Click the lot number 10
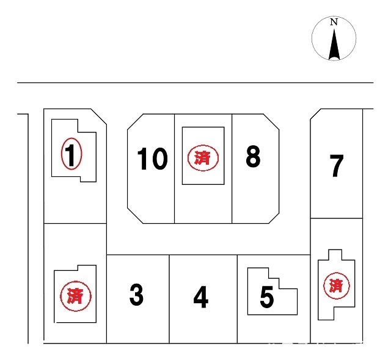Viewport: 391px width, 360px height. (x=152, y=159)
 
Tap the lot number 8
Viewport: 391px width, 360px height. (x=253, y=156)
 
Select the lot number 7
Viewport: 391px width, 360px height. (x=337, y=165)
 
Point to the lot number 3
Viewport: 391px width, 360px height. (x=136, y=295)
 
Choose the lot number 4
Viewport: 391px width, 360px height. (x=201, y=297)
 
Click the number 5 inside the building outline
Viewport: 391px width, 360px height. (x=266, y=297)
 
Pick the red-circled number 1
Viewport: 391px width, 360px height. (x=71, y=154)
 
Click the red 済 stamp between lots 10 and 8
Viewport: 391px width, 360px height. (x=203, y=158)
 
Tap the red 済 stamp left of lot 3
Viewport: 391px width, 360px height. (x=76, y=296)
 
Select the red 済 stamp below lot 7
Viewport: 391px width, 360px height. (x=337, y=286)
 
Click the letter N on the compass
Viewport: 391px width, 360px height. (x=334, y=22)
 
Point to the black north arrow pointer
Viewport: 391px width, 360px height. (x=334, y=45)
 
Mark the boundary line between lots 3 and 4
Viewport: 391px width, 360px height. (x=169, y=299)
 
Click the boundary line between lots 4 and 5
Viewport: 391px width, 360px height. (x=237, y=299)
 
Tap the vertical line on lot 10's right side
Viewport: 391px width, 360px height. (x=174, y=168)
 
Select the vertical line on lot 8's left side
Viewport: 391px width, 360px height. (x=232, y=168)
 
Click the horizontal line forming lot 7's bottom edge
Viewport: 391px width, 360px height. (x=337, y=218)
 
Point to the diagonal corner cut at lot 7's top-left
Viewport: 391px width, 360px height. (x=315, y=114)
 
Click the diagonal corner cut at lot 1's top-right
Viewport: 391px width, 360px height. (x=99, y=117)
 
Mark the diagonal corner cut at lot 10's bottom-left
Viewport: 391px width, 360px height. (x=135, y=215)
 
